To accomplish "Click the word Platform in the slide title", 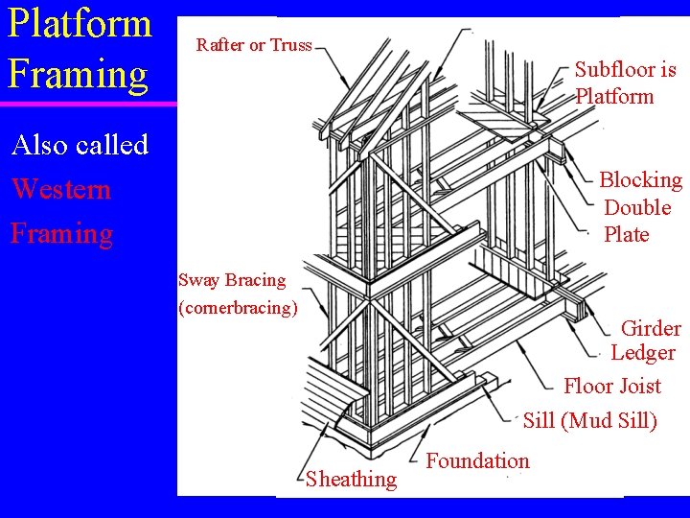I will click(x=80, y=23).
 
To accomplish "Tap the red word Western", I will click(x=60, y=189).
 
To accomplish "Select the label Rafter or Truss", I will click(x=254, y=45).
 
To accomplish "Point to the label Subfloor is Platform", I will click(x=624, y=82).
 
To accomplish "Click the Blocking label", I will click(x=640, y=180).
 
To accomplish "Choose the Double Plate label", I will click(x=637, y=221).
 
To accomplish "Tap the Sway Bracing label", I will click(x=232, y=280).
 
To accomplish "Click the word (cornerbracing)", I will click(x=239, y=308).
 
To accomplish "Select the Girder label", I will click(x=651, y=329).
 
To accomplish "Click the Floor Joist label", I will click(x=611, y=387).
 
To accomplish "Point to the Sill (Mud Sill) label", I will click(x=589, y=420).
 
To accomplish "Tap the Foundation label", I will click(x=477, y=460).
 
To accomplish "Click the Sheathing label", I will click(x=351, y=480).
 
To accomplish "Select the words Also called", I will click(x=80, y=145).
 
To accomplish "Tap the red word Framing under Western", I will click(x=61, y=233).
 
